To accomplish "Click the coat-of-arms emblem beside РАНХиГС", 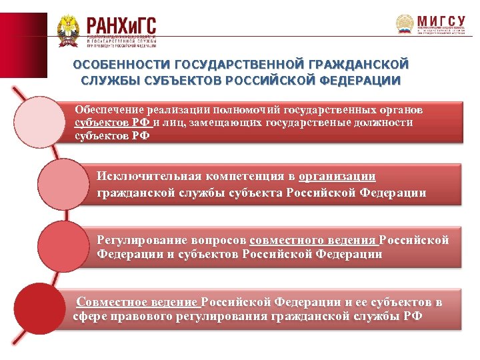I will (x=68, y=31).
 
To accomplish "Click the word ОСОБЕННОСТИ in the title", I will (x=121, y=65).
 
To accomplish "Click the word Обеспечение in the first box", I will (x=109, y=109).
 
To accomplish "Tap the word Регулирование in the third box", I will (x=137, y=240).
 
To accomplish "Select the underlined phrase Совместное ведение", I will (x=137, y=302).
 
